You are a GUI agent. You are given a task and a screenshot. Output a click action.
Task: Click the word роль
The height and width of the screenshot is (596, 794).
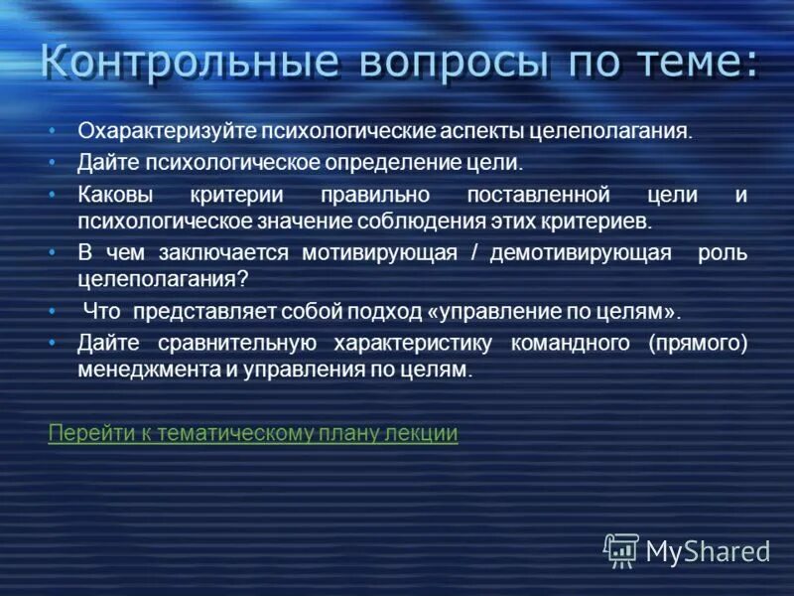tap(727, 253)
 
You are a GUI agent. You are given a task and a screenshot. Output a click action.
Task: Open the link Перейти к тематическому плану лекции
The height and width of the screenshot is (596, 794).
tap(253, 433)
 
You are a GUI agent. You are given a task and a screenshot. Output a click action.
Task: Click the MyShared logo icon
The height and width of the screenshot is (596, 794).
tap(621, 549)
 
